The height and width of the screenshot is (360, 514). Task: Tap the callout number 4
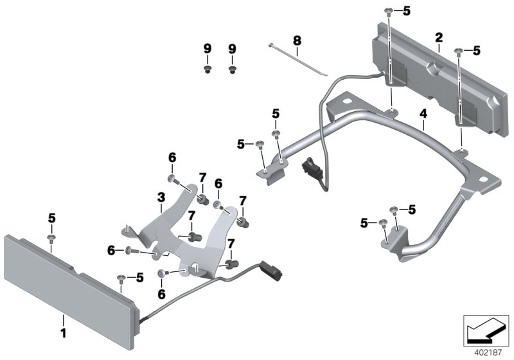click(x=423, y=114)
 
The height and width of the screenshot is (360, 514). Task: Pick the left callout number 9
click(x=207, y=49)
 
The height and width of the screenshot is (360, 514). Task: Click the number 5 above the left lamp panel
click(x=51, y=220)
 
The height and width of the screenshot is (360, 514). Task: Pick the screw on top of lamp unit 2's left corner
click(x=389, y=11)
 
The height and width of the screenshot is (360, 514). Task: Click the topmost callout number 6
click(x=172, y=158)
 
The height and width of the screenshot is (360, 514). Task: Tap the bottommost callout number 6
click(x=161, y=293)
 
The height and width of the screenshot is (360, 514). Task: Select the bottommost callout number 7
click(x=229, y=244)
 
